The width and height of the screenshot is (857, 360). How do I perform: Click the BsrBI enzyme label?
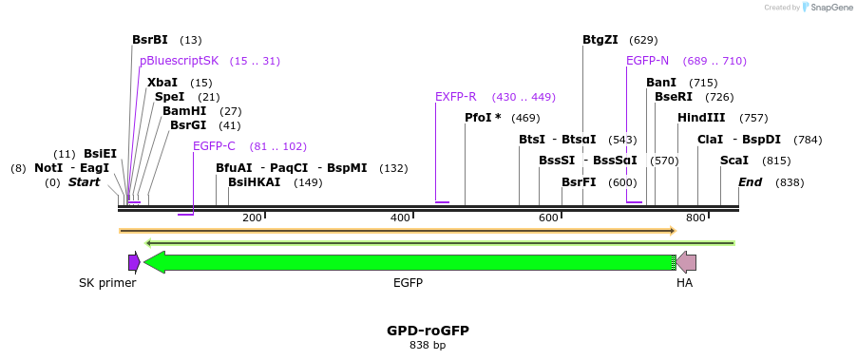[150, 40]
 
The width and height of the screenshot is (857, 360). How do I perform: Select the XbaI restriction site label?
[162, 83]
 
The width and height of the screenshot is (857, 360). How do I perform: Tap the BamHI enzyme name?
[184, 111]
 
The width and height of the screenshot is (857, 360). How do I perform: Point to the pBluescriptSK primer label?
[179, 61]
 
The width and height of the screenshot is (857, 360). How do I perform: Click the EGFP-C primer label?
[214, 146]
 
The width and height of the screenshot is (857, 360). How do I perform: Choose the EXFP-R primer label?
[456, 97]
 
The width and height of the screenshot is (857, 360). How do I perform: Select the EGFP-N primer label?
[647, 61]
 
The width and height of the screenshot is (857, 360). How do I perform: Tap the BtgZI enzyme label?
[600, 40]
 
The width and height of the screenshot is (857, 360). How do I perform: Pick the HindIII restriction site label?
[701, 118]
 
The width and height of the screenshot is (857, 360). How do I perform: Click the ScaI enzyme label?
[734, 161]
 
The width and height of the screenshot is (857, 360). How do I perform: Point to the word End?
[750, 182]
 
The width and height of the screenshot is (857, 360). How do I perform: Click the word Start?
[84, 182]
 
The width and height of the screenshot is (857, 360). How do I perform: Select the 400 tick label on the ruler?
[400, 218]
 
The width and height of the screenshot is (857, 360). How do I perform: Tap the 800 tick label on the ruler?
[696, 218]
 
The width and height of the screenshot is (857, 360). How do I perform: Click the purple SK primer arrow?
[134, 262]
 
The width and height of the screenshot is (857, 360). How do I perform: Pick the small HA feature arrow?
[685, 262]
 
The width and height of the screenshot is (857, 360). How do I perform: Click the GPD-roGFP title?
[428, 331]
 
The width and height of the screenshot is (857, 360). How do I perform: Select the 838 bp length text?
[428, 346]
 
